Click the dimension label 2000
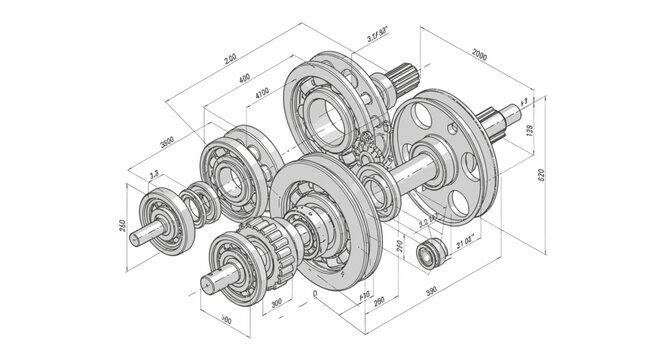(x=486, y=53)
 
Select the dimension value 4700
(x=262, y=92)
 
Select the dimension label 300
(x=275, y=299)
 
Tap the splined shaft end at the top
(x=405, y=76)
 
